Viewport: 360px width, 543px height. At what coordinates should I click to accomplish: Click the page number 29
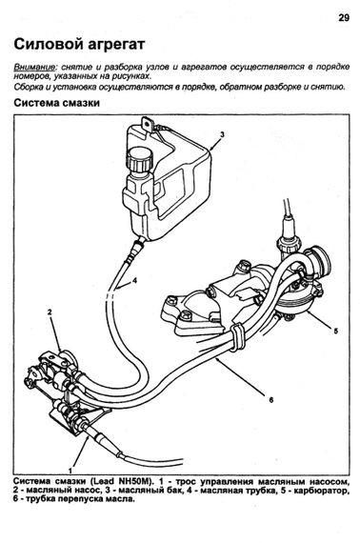[x=344, y=18]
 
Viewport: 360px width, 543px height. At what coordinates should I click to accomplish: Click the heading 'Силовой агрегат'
[x=79, y=45]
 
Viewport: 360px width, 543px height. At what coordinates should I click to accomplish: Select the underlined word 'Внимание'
[x=34, y=68]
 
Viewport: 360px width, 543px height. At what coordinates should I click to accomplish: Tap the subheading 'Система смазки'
[x=57, y=103]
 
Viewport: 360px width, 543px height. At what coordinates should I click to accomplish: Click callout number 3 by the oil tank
[x=223, y=134]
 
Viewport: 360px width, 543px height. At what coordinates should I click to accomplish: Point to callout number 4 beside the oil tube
[x=134, y=280]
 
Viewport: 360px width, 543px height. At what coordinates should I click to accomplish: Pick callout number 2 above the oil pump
[x=50, y=312]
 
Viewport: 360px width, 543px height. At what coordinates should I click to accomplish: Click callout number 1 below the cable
[x=70, y=471]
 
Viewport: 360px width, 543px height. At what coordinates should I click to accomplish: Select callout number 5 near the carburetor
[x=335, y=331]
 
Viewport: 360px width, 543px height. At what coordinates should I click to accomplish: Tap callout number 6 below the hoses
[x=271, y=400]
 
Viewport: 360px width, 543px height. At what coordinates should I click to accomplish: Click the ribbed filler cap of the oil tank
[x=139, y=160]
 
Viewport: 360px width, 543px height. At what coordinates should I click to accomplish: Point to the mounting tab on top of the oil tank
[x=147, y=125]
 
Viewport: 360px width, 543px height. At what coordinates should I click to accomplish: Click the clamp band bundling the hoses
[x=237, y=337]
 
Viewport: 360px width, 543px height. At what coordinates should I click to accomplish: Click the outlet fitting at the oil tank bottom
[x=138, y=244]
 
